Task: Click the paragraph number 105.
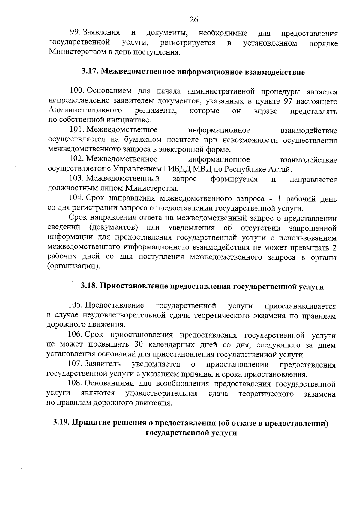(76, 305)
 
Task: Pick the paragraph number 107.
(75, 364)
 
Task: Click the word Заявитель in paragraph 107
(103, 364)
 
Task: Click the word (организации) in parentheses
(73, 266)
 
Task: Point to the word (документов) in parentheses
(114, 228)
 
